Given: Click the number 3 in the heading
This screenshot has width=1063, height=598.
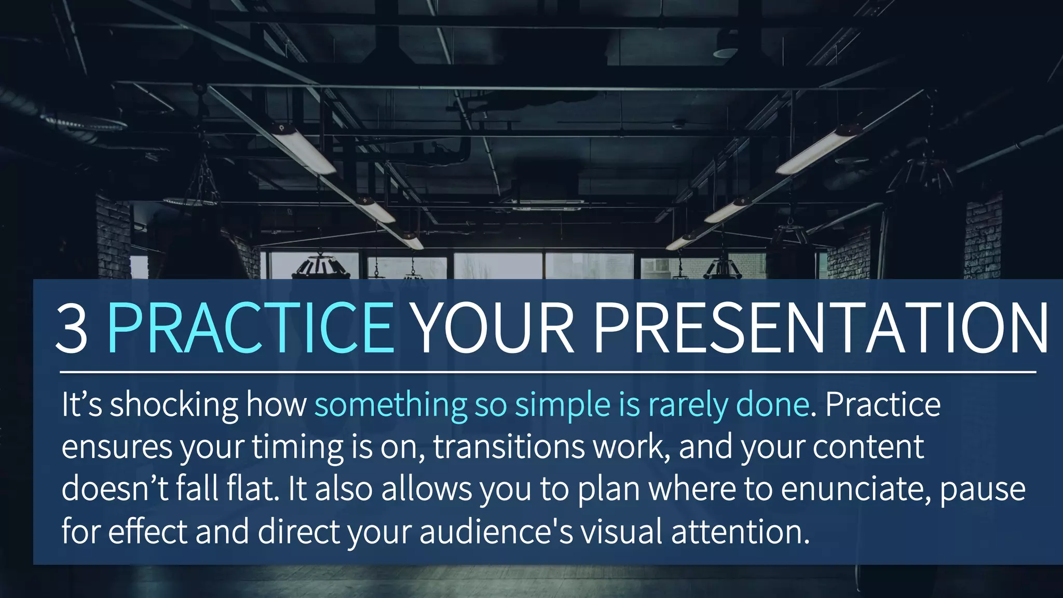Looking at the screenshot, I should pyautogui.click(x=72, y=328).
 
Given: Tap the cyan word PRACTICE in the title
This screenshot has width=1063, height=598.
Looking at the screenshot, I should pyautogui.click(x=250, y=328).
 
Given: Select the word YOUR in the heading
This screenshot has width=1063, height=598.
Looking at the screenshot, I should pyautogui.click(x=494, y=328).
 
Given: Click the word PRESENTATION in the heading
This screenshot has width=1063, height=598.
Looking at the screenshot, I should pyautogui.click(x=820, y=328).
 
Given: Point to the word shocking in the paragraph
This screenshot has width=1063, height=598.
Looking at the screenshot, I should pyautogui.click(x=174, y=405).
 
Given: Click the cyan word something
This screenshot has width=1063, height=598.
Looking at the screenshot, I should pyautogui.click(x=390, y=404).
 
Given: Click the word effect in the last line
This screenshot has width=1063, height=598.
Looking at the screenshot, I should pyautogui.click(x=147, y=532).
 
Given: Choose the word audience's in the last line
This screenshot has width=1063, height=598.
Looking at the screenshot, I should pyautogui.click(x=496, y=532).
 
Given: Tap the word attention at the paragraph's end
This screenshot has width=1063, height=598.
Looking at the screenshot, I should pyautogui.click(x=740, y=532).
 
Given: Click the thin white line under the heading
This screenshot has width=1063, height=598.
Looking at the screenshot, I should pyautogui.click(x=548, y=372).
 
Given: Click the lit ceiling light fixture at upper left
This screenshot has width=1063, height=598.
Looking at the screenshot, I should pyautogui.click(x=304, y=149).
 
